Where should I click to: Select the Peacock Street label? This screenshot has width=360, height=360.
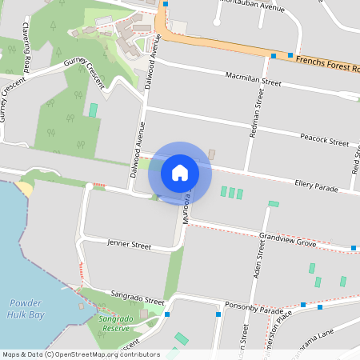click(324, 140)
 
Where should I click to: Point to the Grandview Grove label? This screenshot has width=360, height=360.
click(286, 237)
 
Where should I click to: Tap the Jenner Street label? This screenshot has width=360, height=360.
click(129, 243)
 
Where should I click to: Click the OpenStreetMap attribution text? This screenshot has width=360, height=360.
click(80, 354)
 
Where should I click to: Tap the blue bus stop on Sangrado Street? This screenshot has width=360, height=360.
click(166, 314)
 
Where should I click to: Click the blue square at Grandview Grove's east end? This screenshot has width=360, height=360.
click(354, 248)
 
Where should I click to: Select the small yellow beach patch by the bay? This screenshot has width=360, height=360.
click(24, 190)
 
